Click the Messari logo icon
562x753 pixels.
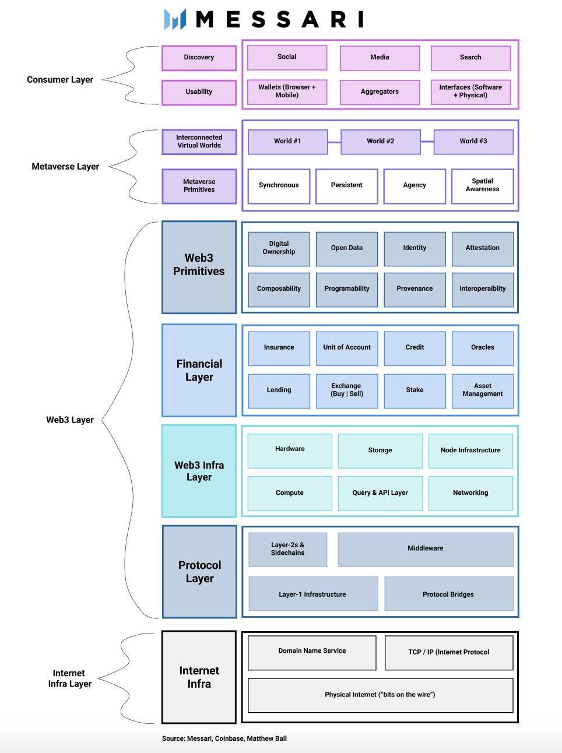click(175, 19)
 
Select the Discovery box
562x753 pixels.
click(199, 58)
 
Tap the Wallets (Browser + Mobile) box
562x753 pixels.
click(287, 92)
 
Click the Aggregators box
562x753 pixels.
click(380, 92)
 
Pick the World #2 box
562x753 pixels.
click(380, 142)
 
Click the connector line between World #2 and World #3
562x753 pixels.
click(427, 142)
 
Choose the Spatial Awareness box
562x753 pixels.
click(482, 186)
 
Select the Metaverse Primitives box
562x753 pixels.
click(199, 186)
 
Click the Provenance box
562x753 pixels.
click(415, 289)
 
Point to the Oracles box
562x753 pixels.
click(482, 348)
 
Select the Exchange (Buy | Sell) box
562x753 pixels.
click(346, 390)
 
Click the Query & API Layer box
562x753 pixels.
click(380, 493)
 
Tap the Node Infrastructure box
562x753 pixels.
click(470, 451)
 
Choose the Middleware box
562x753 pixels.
click(425, 549)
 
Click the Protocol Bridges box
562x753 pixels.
click(448, 594)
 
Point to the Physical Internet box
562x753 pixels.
click(380, 695)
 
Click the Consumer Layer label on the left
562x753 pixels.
click(60, 80)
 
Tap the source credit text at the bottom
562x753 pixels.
click(224, 738)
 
